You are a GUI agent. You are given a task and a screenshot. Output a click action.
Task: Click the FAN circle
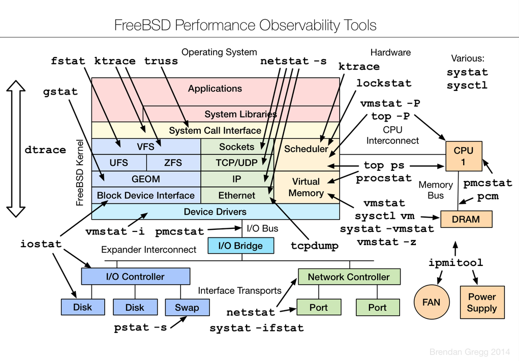[431, 302]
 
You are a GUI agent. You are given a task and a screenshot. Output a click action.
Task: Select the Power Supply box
[482, 302]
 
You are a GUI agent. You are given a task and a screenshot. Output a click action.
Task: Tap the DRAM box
[466, 219]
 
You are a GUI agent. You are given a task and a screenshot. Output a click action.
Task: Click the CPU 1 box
[463, 156]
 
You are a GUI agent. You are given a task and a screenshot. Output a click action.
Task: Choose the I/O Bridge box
[240, 246]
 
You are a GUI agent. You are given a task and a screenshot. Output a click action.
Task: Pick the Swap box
[187, 307]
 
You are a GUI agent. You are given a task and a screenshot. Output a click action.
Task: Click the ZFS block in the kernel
[173, 163]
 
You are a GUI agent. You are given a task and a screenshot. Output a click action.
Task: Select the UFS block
[119, 163]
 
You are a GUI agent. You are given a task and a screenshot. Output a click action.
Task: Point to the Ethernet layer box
[237, 195]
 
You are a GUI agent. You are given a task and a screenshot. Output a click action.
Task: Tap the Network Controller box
[349, 277]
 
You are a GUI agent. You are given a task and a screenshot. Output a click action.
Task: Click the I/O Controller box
[135, 277]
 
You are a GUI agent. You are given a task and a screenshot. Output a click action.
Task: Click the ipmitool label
[455, 263]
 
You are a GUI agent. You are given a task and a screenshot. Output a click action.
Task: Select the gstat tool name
[60, 92]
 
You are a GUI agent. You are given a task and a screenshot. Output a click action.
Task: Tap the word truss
[161, 61]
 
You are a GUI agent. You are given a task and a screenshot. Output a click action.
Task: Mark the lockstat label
[384, 83]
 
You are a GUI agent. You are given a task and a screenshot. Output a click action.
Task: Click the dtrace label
[45, 150]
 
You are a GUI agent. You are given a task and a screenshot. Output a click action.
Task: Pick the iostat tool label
[41, 244]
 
